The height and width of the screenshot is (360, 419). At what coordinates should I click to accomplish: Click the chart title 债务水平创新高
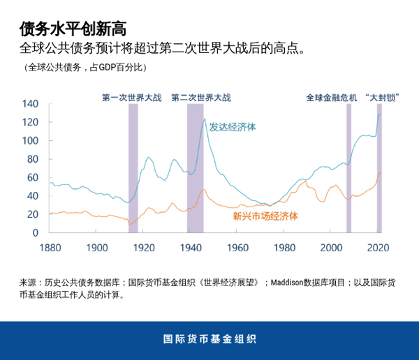click(x=73, y=29)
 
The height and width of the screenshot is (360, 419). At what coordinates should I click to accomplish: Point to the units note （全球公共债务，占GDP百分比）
click(x=81, y=68)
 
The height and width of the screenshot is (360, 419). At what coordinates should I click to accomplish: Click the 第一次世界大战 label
click(x=131, y=98)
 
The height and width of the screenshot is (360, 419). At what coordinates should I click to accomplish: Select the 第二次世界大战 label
click(x=200, y=98)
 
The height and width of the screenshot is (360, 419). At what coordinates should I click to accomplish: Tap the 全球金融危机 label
click(x=331, y=98)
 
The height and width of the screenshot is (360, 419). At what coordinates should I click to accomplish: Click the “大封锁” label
click(x=381, y=98)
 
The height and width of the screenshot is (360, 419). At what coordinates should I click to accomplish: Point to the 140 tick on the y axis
click(x=29, y=104)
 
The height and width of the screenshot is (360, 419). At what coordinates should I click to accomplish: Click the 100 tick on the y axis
click(x=29, y=140)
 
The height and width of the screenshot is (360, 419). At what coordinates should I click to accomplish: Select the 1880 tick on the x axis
click(x=50, y=247)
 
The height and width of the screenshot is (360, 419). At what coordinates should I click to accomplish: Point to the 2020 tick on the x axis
click(x=378, y=247)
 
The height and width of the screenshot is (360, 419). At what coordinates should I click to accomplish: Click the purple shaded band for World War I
click(x=133, y=167)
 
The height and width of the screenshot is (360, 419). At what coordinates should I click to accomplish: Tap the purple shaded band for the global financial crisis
click(x=348, y=167)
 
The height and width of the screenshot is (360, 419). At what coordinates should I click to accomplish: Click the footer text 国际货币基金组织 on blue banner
click(x=209, y=340)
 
